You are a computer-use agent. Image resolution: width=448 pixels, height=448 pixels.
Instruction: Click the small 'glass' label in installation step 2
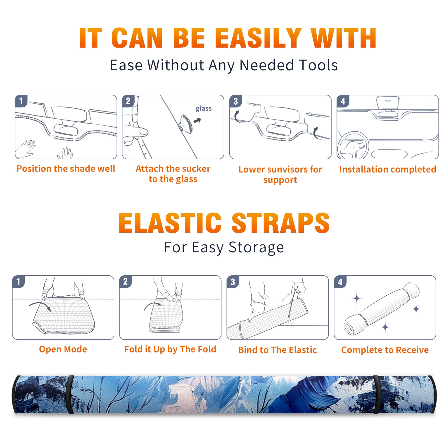(204, 109)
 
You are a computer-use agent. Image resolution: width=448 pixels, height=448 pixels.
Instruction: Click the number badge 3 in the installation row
(235, 101)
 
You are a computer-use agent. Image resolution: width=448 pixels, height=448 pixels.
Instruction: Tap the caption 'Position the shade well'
(66, 169)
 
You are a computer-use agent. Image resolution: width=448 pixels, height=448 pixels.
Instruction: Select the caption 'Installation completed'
(388, 169)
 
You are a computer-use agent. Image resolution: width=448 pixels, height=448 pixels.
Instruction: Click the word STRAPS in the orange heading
(281, 223)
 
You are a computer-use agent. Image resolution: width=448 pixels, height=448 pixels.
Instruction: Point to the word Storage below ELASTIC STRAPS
(256, 248)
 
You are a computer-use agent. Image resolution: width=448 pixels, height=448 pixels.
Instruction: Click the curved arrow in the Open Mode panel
(40, 306)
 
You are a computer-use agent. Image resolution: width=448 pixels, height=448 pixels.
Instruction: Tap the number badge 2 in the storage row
(125, 281)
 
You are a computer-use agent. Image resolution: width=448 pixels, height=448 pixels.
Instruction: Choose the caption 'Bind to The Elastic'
(277, 350)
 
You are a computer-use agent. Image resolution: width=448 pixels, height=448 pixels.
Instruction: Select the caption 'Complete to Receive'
(385, 350)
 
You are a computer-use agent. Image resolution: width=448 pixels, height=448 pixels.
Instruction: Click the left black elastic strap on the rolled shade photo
(70, 394)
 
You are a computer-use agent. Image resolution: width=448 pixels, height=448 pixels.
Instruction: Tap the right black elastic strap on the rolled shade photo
(377, 394)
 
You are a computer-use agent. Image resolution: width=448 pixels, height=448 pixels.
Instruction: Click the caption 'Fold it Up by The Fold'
(170, 349)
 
